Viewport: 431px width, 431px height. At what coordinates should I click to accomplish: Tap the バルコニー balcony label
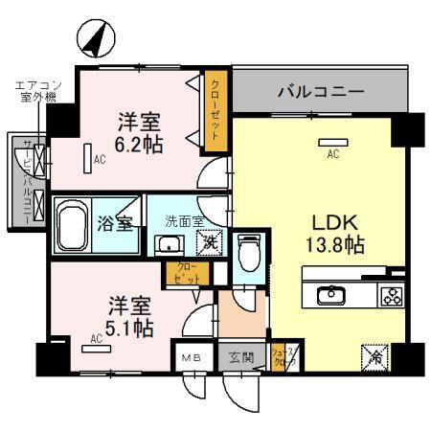pyautogui.click(x=321, y=93)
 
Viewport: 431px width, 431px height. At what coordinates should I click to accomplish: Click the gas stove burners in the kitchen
pyautogui.click(x=391, y=295)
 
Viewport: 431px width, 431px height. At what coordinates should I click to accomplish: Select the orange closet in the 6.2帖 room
pyautogui.click(x=215, y=114)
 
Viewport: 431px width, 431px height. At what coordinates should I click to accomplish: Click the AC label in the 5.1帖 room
pyautogui.click(x=97, y=338)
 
